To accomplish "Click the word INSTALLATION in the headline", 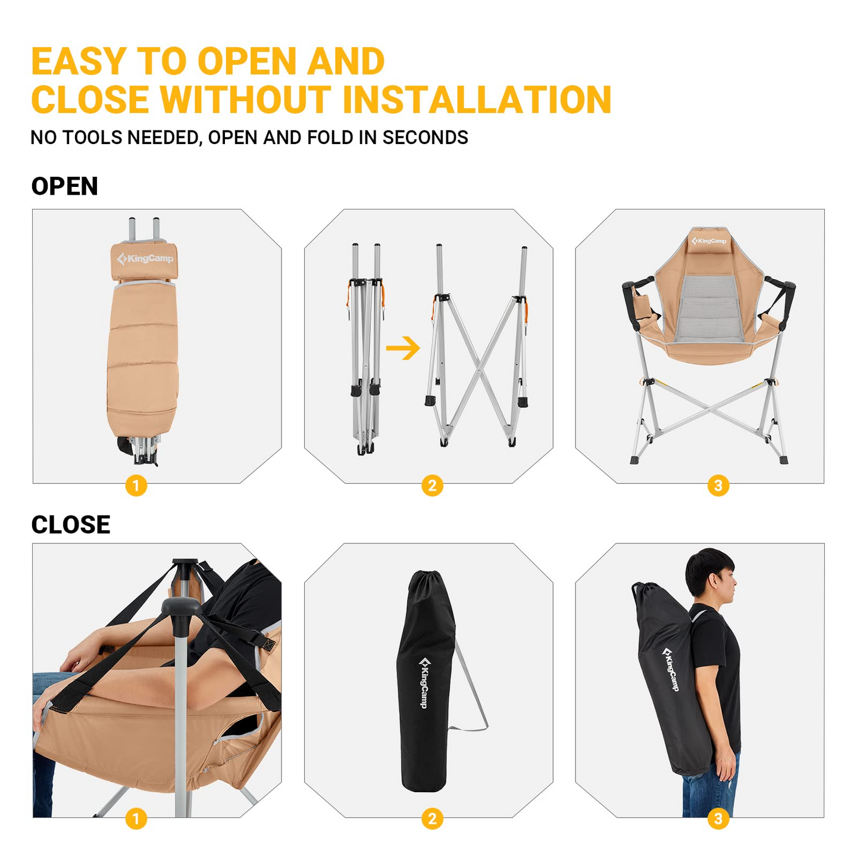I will point(477,99).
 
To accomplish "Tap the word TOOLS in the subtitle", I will point(93,137).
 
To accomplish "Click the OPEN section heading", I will point(64,186).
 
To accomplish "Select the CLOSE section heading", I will point(70,524).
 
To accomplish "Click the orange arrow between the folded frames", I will point(403,348).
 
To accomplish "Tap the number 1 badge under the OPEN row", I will point(136,486).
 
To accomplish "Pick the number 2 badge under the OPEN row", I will point(432,486).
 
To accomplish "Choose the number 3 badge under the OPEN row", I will point(718,486).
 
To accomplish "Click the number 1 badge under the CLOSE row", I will point(136,819).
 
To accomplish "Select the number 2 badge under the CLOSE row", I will point(432,819).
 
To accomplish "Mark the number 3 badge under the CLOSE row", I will point(718,819).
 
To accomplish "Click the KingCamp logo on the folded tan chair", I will point(145,259).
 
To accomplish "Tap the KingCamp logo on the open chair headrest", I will point(709,241).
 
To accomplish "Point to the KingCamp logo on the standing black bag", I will point(423,682).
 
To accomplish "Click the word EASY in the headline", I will point(79,61).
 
